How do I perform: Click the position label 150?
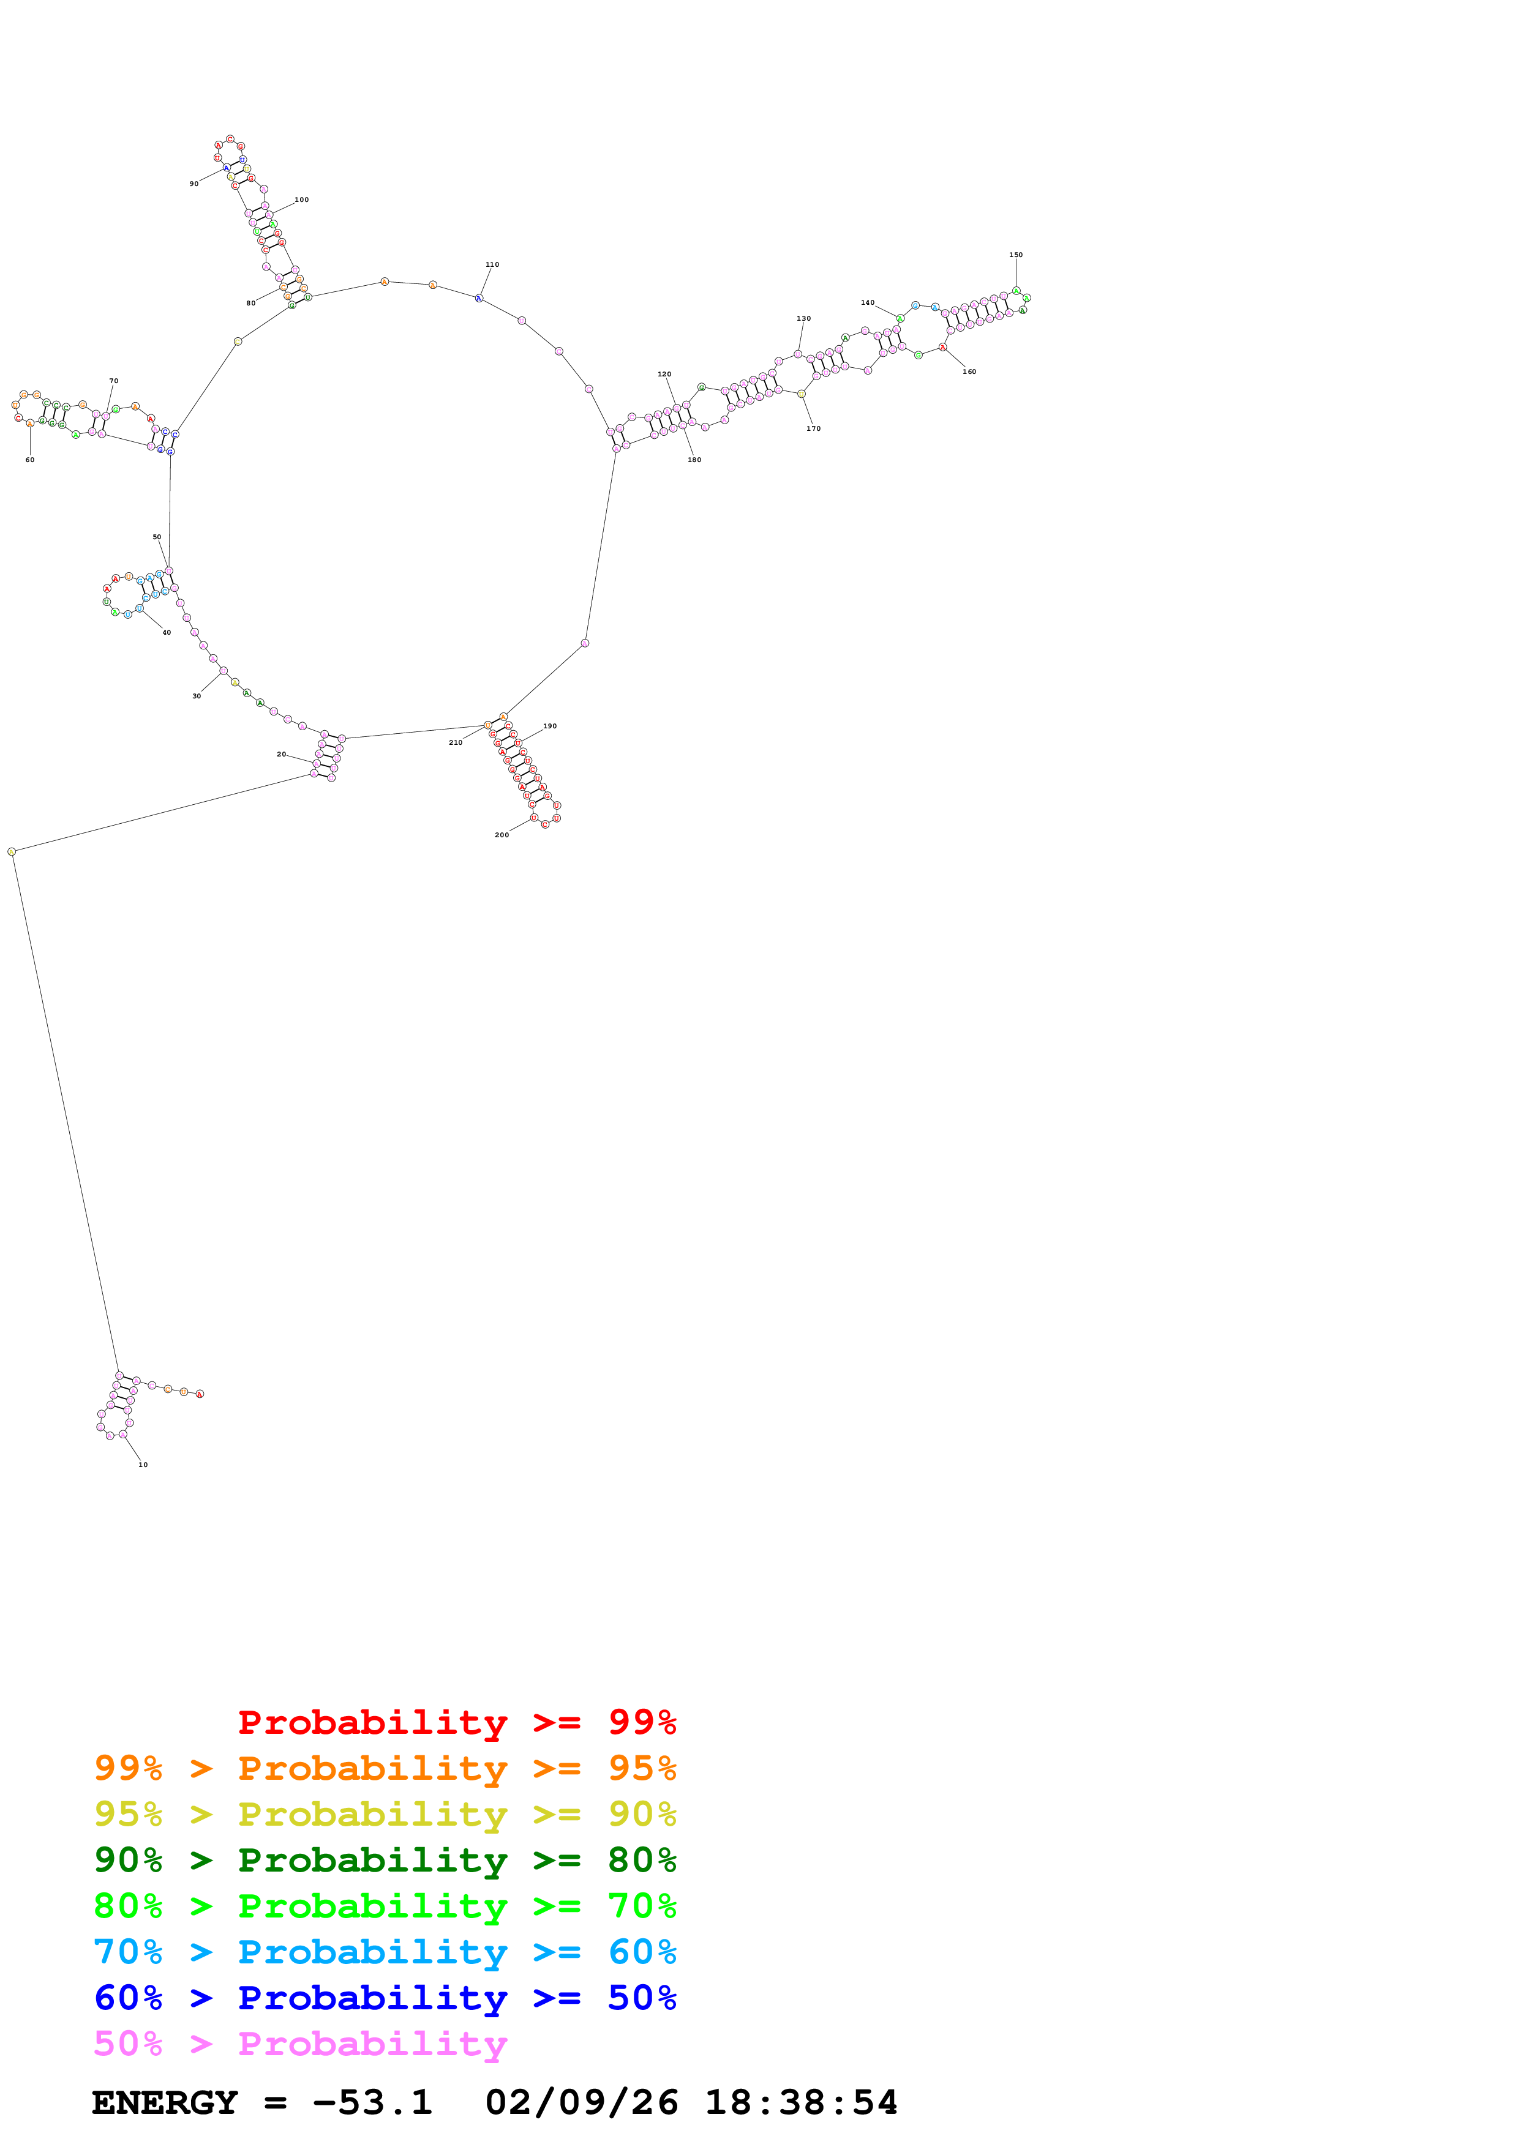[1016, 255]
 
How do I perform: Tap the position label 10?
[143, 1465]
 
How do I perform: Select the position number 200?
[502, 835]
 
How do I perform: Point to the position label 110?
[492, 264]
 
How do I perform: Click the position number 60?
[30, 460]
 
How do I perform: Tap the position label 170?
[814, 428]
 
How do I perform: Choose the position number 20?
[282, 753]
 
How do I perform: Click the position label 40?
[167, 632]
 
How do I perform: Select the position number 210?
[456, 742]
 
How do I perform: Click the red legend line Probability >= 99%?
[456, 1722]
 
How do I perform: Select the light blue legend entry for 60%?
[385, 1952]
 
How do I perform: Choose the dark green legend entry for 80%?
[385, 1861]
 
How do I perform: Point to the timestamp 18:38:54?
[800, 2103]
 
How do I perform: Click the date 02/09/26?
[581, 2103]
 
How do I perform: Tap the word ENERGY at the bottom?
[165, 2103]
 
